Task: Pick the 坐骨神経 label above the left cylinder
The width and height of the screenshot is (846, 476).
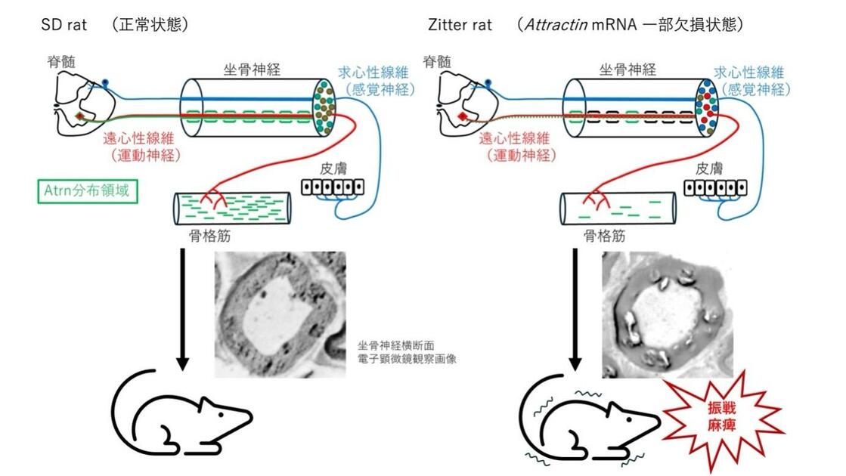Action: (253, 70)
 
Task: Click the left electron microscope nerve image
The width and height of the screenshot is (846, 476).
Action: (280, 314)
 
